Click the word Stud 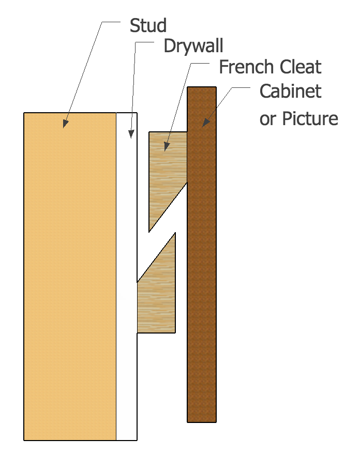[148, 25]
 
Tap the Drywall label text [193, 46]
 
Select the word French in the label [246, 67]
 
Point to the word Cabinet [291, 91]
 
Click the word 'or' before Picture [267, 119]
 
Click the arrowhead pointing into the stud [66, 124]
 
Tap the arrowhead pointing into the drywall [131, 134]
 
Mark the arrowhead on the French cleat [166, 147]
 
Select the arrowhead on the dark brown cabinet [205, 123]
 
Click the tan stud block [70, 277]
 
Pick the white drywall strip [127, 277]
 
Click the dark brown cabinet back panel [202, 254]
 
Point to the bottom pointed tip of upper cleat [149, 232]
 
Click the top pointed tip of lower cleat [175, 233]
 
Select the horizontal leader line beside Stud [111, 22]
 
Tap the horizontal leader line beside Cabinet [241, 87]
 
